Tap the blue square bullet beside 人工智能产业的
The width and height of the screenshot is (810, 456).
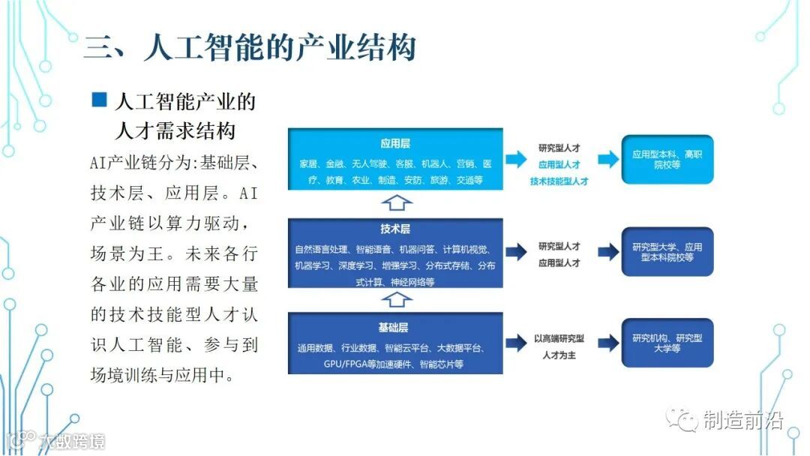pos(99,100)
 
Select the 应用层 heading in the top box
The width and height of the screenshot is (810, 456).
pos(395,142)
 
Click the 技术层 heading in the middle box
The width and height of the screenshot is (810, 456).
pos(395,229)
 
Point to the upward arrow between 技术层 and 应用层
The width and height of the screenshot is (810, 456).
pos(395,202)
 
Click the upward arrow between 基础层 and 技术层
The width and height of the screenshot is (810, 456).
pos(395,300)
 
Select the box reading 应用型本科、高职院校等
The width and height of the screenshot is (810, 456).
pos(667,160)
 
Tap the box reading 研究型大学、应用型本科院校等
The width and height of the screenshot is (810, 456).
pos(667,252)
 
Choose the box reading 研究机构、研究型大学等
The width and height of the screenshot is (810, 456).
pos(667,343)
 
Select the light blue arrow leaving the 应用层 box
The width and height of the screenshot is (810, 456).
pos(516,159)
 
